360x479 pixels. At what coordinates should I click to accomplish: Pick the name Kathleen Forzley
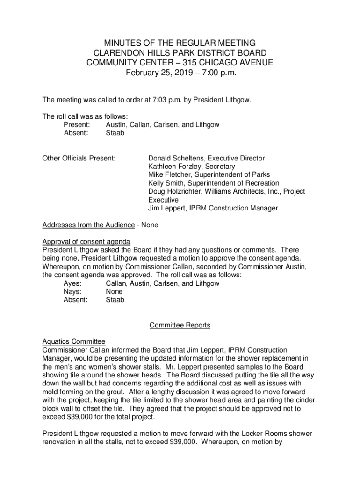pyautogui.click(x=175, y=167)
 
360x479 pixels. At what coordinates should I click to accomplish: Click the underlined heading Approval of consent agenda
pyautogui.click(x=86, y=242)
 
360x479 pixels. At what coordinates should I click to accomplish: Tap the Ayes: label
pyautogui.click(x=73, y=283)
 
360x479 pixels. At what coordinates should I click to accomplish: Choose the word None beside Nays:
pyautogui.click(x=114, y=292)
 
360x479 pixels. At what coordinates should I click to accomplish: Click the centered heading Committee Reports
pyautogui.click(x=180, y=325)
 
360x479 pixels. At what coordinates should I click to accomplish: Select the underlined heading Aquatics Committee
pyautogui.click(x=74, y=341)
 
